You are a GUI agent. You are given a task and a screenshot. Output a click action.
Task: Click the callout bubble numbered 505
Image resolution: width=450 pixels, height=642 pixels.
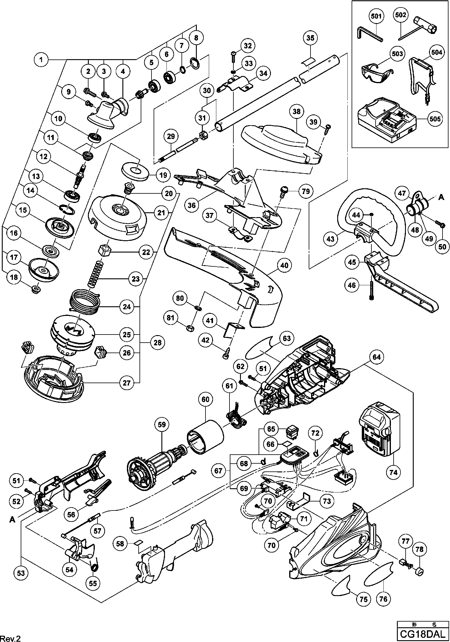click(435, 119)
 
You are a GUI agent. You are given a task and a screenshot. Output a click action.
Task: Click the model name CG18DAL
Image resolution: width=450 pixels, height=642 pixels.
click(422, 634)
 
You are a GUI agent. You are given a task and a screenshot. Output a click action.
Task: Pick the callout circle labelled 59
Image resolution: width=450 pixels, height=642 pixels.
click(162, 425)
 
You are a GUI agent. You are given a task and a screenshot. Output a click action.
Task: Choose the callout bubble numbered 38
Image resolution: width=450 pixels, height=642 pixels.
click(296, 112)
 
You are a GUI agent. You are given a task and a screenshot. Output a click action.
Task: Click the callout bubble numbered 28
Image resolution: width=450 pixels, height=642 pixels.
click(157, 342)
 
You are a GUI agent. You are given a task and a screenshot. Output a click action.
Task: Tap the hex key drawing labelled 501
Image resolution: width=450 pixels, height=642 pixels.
click(367, 35)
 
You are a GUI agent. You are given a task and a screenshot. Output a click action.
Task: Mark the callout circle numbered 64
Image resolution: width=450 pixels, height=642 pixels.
click(376, 357)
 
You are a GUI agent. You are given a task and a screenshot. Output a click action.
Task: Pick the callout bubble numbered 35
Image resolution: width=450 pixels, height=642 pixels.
click(310, 38)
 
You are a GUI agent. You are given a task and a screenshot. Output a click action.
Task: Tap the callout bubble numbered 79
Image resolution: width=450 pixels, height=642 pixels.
click(305, 191)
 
